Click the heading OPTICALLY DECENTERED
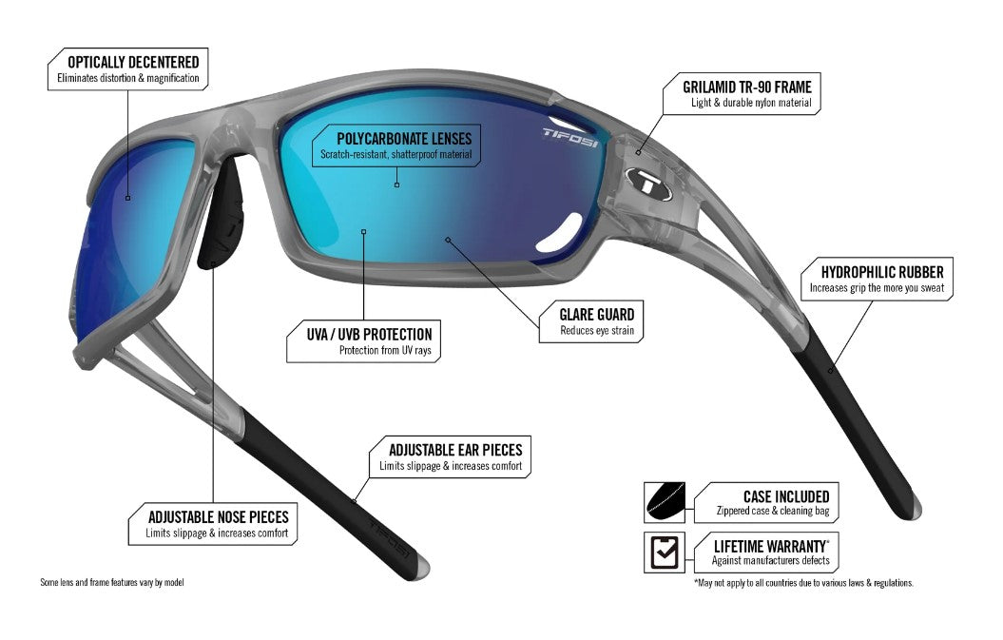(x=133, y=62)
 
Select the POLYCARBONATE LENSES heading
(x=404, y=139)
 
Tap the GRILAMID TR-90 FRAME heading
(x=747, y=87)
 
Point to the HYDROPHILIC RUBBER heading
(x=882, y=272)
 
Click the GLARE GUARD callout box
(x=591, y=321)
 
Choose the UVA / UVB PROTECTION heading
(x=369, y=334)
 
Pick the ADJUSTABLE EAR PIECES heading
(x=455, y=450)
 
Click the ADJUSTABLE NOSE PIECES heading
(x=218, y=517)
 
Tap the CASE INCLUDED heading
(x=786, y=496)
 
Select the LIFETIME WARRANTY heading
(x=771, y=547)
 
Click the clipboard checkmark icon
(x=664, y=553)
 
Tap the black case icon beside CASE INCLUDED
(x=665, y=502)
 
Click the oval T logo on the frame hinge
(x=648, y=182)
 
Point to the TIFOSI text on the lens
(x=570, y=137)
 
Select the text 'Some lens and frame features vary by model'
(x=112, y=582)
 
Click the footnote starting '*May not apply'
(x=803, y=583)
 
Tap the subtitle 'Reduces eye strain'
(x=597, y=330)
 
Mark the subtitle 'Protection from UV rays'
(x=385, y=350)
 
